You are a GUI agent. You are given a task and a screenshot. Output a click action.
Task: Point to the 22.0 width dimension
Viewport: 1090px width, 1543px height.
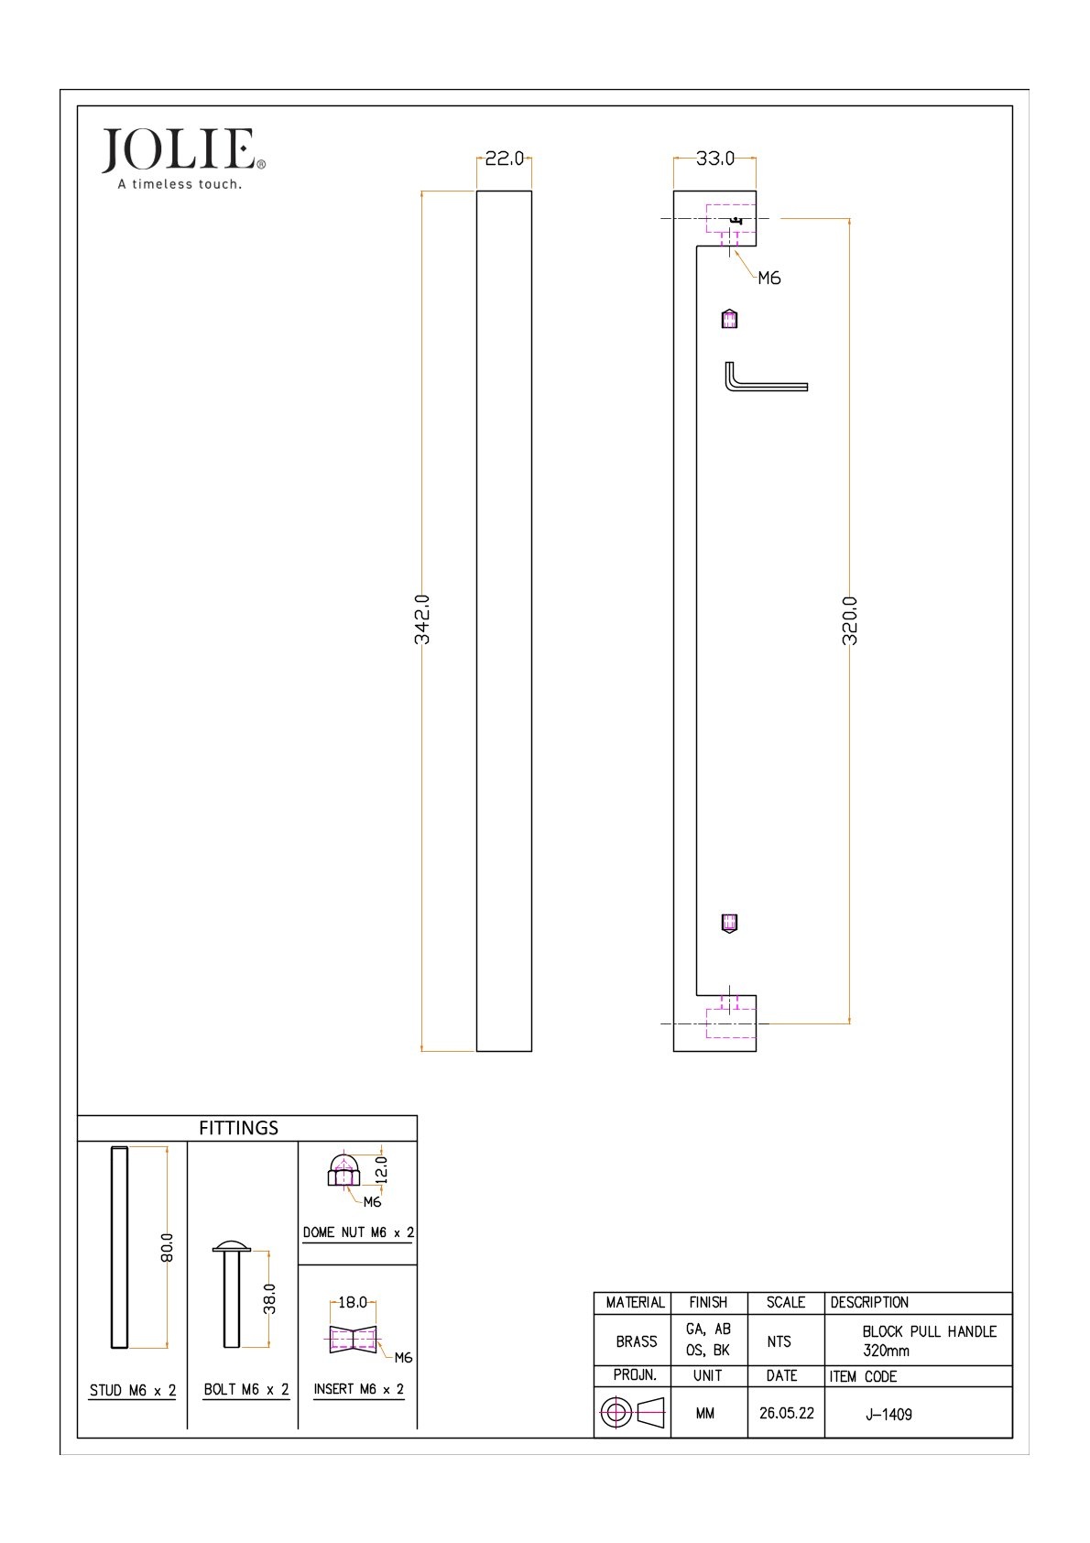click(504, 159)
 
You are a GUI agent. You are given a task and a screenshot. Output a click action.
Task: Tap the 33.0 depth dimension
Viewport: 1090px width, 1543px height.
click(714, 159)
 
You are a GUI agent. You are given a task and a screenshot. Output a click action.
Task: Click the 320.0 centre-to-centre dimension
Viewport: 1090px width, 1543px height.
click(850, 620)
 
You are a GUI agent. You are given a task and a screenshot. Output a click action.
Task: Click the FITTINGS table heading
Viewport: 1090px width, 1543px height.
click(238, 1128)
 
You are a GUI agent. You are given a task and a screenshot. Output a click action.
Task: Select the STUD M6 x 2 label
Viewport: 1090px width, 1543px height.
click(133, 1391)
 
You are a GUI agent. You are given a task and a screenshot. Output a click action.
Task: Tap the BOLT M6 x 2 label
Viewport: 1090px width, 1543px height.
click(245, 1389)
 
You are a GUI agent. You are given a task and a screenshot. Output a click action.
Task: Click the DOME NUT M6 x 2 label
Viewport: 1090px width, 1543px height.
click(358, 1232)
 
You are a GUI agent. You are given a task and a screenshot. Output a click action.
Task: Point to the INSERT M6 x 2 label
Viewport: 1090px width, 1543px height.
click(359, 1389)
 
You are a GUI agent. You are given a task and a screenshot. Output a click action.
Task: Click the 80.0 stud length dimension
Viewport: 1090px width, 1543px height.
click(167, 1247)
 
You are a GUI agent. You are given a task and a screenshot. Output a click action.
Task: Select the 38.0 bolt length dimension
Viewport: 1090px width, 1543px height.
click(269, 1298)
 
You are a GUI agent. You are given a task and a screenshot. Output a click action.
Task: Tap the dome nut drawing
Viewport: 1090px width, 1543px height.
click(343, 1170)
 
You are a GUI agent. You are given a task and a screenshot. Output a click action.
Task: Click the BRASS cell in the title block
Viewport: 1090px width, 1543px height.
click(637, 1341)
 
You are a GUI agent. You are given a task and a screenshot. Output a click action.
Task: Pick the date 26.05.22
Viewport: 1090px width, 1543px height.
click(786, 1414)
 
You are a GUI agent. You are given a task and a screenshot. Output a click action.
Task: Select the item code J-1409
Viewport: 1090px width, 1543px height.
click(888, 1415)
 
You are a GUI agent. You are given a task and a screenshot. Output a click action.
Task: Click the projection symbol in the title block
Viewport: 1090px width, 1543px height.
click(632, 1413)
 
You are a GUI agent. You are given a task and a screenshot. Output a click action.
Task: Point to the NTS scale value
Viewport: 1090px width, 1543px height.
click(779, 1341)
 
